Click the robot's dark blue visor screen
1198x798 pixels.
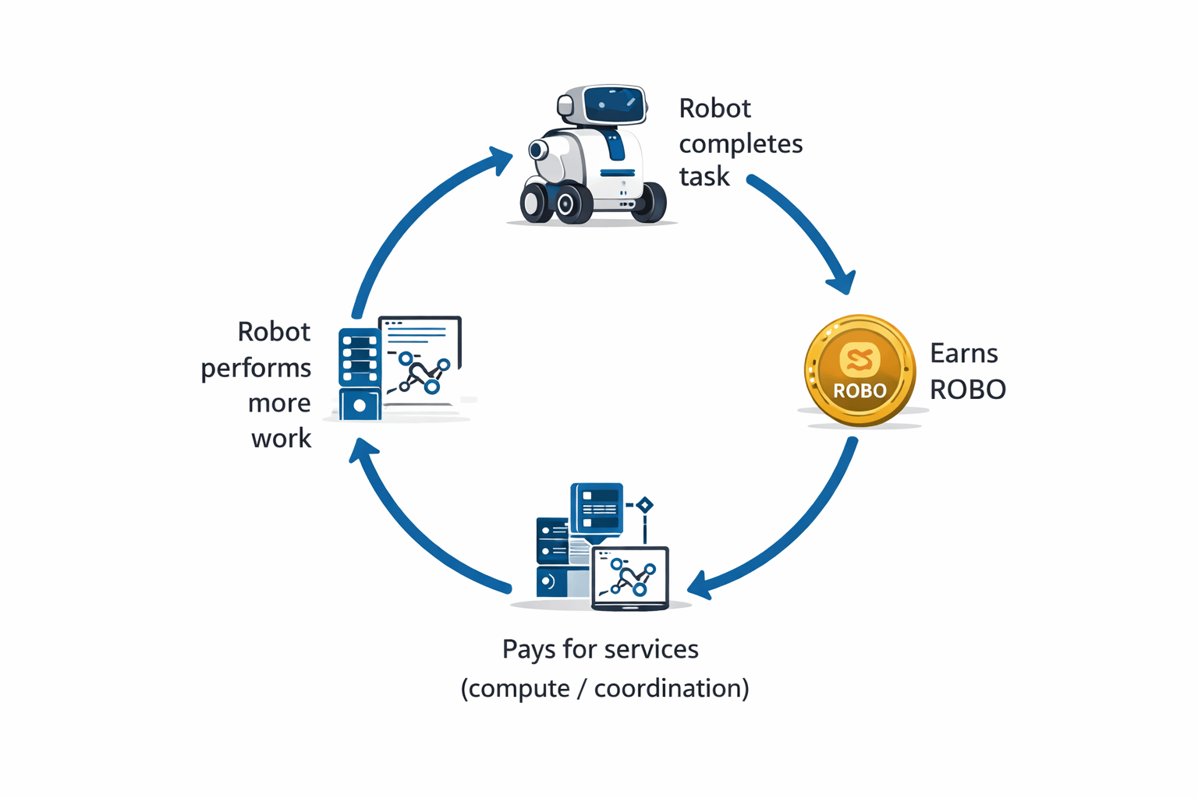pos(614,104)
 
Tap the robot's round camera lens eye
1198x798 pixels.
pos(537,150)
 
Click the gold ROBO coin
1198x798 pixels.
pos(860,370)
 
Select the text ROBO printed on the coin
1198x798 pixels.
pos(860,390)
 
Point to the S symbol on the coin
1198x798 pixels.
pos(860,359)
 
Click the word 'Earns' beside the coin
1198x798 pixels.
pos(963,354)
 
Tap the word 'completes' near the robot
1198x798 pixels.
pos(740,144)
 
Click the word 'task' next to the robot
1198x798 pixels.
pos(704,177)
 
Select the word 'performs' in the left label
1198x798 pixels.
pos(256,368)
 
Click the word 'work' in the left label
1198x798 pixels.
pos(281,438)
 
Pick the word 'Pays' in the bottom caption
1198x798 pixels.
pos(528,649)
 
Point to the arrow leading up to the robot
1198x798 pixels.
pos(406,218)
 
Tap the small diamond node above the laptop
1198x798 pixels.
pos(644,505)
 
